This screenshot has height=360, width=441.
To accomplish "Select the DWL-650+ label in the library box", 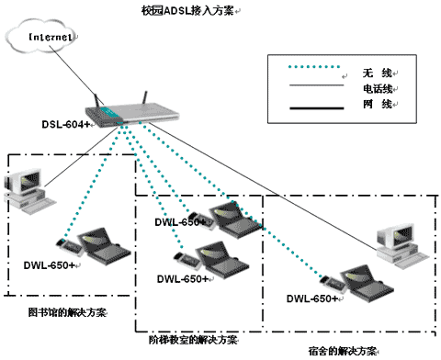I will (x=50, y=266).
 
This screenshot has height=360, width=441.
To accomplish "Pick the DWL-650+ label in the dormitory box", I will (x=312, y=298).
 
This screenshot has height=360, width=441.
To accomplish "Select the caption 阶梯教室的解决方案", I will (x=194, y=340).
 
